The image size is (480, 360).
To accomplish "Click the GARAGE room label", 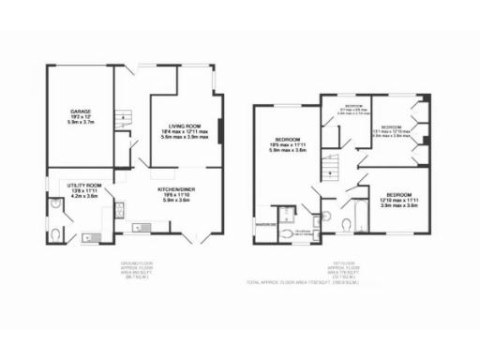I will coord(78,110).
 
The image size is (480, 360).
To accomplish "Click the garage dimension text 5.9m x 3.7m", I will coord(78,121).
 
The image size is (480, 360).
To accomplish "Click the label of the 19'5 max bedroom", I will coord(286,141).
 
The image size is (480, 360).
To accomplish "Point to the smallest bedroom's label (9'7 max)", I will coord(352,107).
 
